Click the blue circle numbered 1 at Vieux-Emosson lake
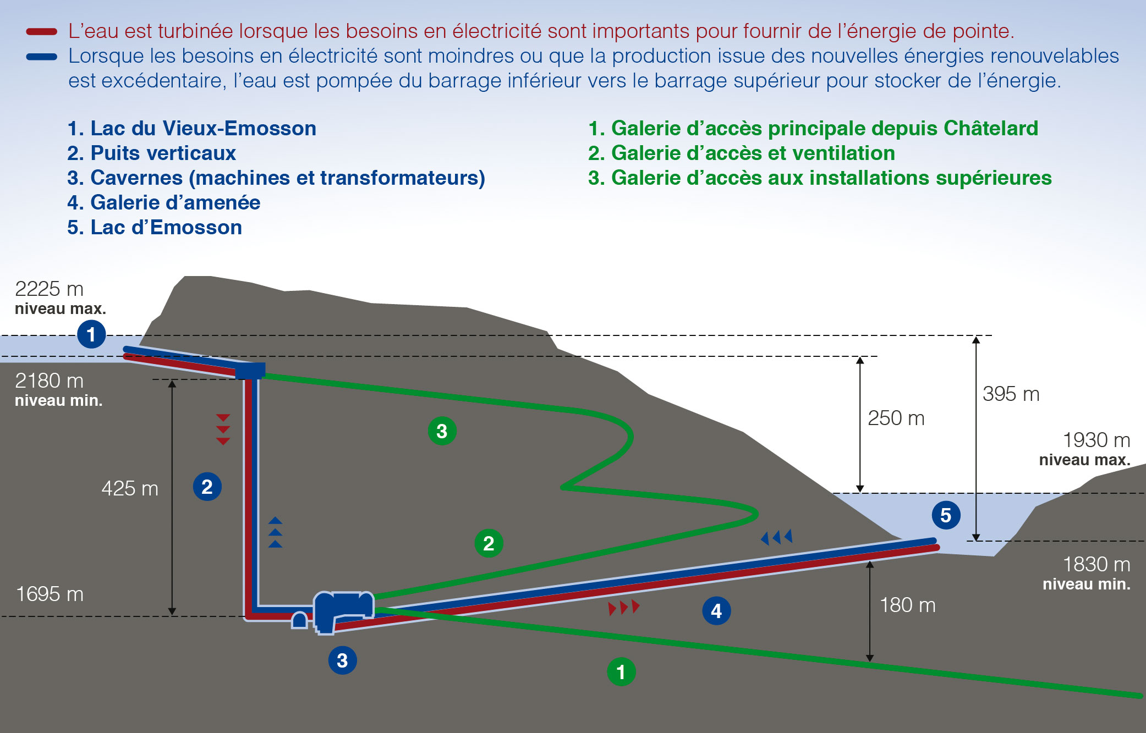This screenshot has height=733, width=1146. pos(91,334)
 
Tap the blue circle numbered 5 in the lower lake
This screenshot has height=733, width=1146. pos(946,515)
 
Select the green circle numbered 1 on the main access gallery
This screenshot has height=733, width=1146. pos(621,671)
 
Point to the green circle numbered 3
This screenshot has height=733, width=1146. pos(442,431)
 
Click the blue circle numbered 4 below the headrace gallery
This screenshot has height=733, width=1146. pos(716,610)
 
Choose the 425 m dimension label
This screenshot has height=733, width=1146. pos(130,488)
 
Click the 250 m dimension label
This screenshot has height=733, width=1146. pos(896,418)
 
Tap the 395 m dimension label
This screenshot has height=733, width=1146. pos(1011,394)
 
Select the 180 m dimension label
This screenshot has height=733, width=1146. pos(907,605)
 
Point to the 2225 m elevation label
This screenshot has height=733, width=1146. pos(49,289)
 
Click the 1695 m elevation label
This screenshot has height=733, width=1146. pos(50,594)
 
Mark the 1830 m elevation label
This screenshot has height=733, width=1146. pos(1096,564)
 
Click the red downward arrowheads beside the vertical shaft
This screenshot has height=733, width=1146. pos(223,429)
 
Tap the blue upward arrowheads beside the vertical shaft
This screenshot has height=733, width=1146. pos(275,532)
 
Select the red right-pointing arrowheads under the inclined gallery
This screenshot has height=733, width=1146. pos(624,607)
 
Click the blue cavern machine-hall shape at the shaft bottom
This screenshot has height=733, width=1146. pos(342,608)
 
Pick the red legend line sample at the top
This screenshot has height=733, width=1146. pos(42,32)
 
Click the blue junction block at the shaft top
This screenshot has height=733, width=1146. pos(250,371)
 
